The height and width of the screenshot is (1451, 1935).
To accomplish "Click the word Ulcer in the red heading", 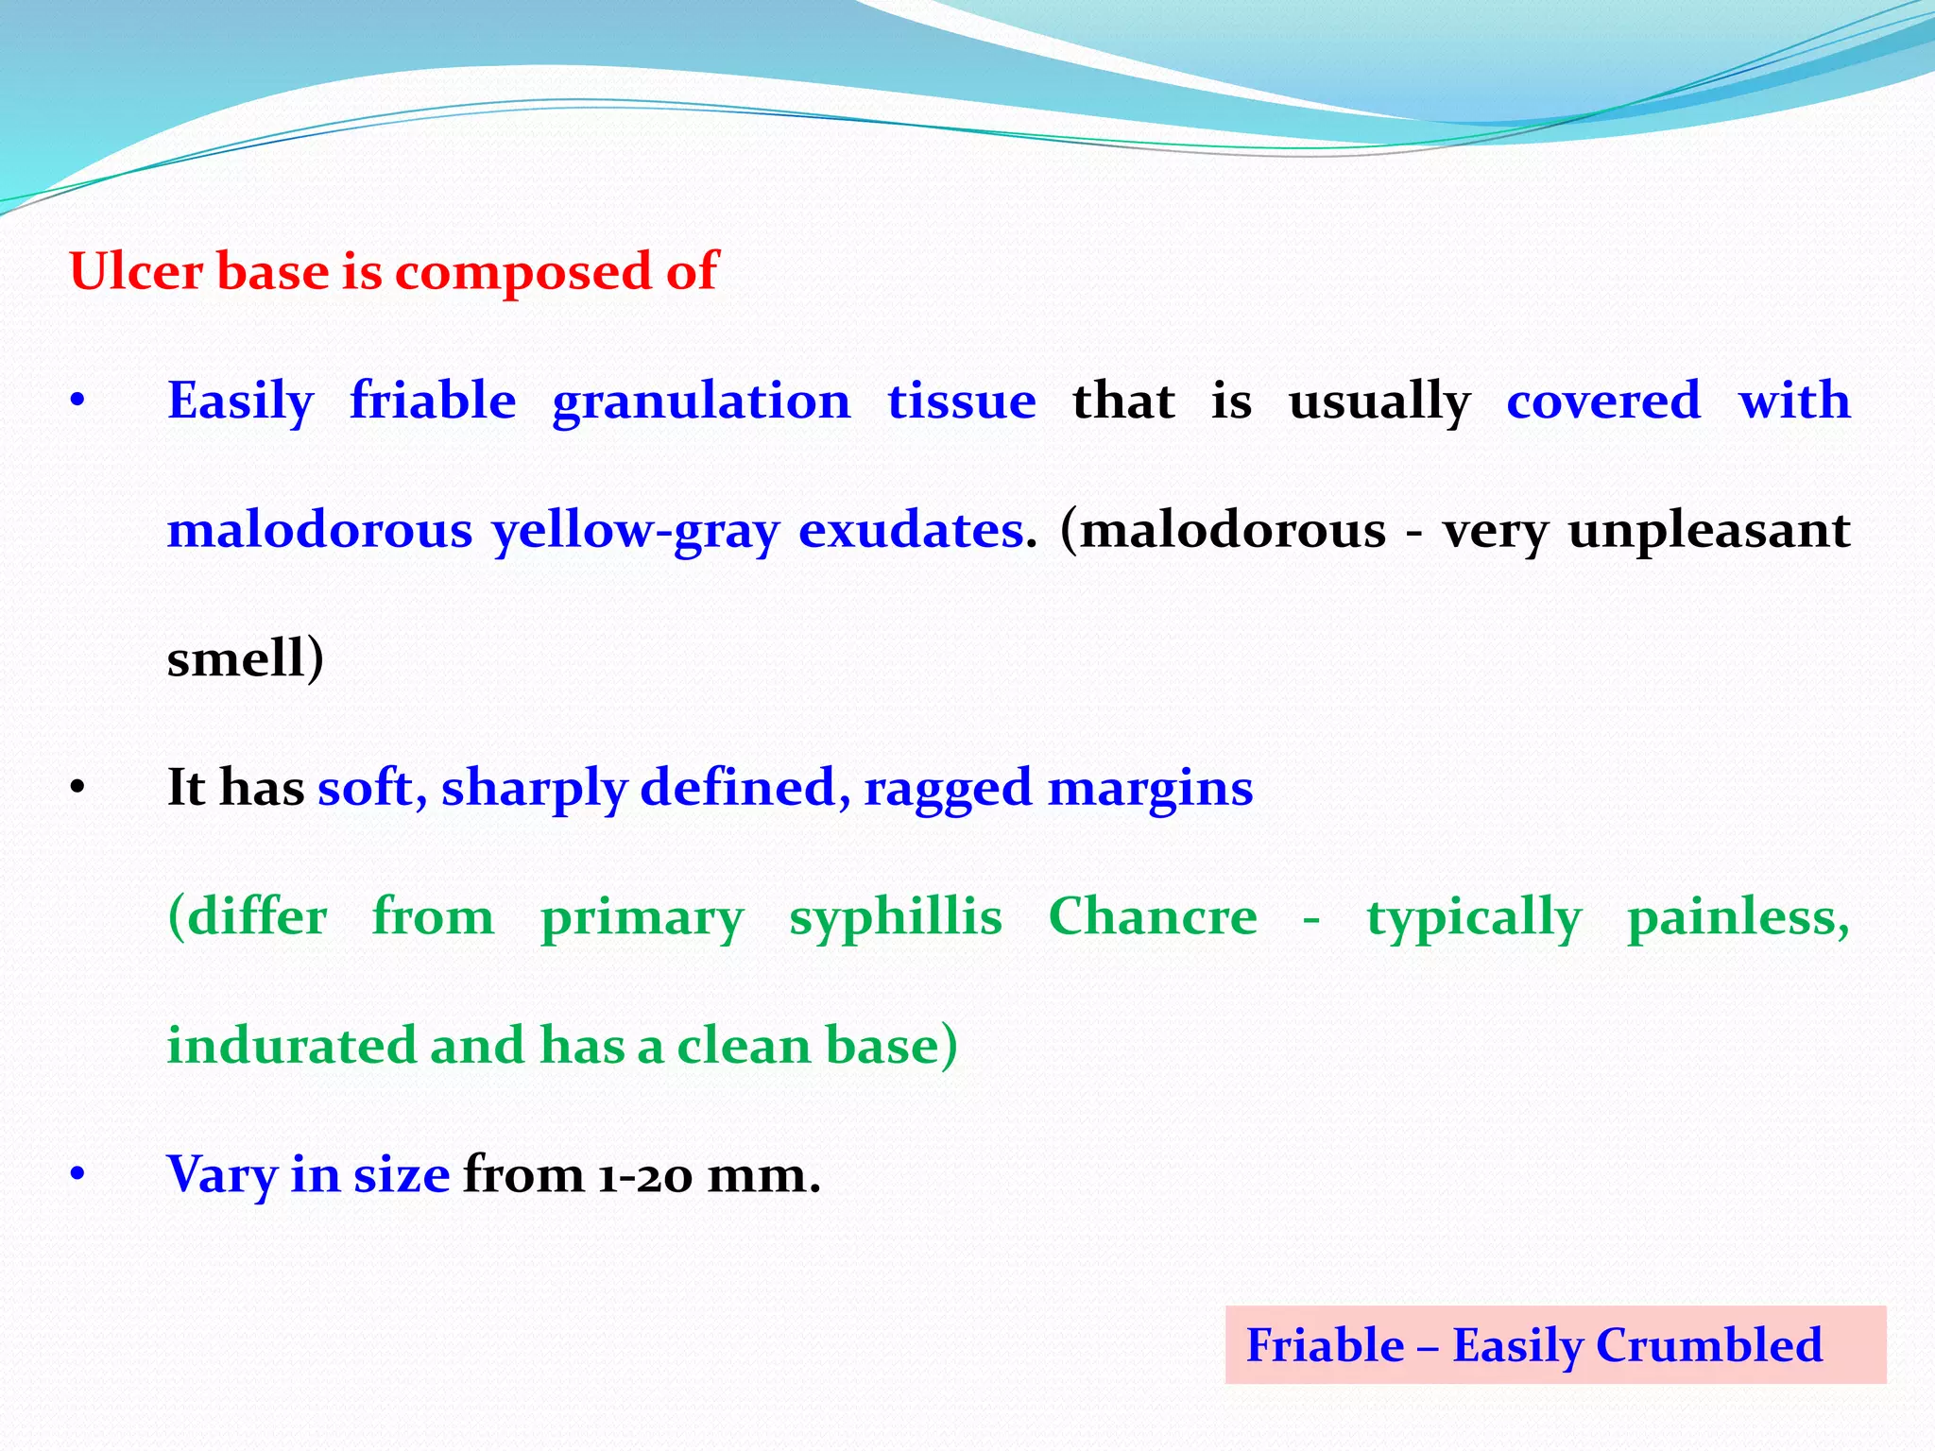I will tap(136, 272).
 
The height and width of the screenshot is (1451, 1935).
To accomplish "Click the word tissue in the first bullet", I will tap(961, 401).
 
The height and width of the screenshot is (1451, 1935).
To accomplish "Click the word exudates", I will tap(911, 530).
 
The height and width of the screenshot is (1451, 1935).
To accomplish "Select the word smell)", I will tap(245, 658).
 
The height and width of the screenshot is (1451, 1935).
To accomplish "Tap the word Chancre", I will tap(1153, 916).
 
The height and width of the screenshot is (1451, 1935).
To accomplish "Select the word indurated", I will tap(291, 1046).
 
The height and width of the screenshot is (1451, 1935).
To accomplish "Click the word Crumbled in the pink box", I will tap(1708, 1345).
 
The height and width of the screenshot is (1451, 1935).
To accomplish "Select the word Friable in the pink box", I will tap(1325, 1345).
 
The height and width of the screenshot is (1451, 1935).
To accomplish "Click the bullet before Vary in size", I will tap(77, 1175).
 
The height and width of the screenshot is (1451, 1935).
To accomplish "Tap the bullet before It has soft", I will tap(77, 788).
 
